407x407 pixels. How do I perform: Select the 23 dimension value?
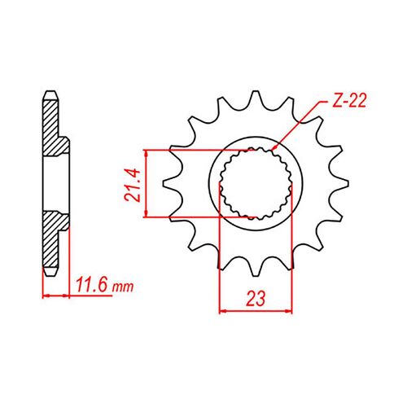[x=256, y=299]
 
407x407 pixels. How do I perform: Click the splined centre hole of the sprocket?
[x=256, y=183]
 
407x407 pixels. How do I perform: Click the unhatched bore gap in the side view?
[x=57, y=182]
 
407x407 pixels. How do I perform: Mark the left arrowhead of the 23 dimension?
[x=224, y=310]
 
